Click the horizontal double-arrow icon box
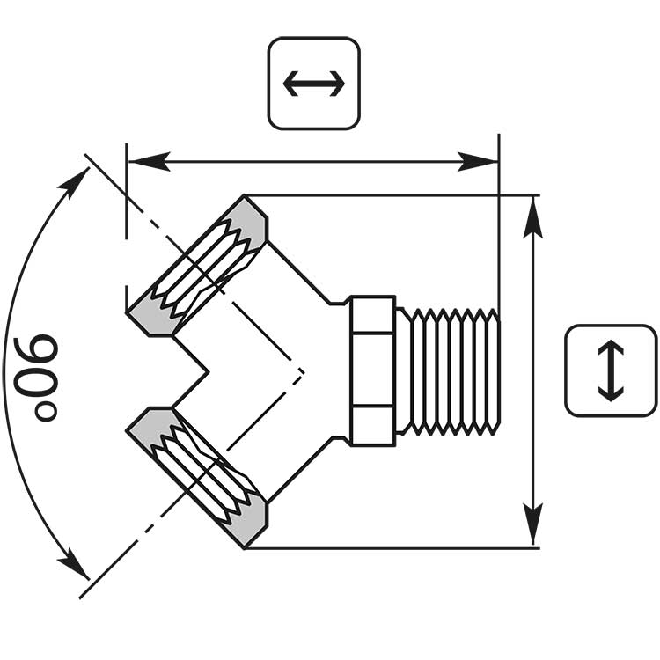pyautogui.click(x=313, y=84)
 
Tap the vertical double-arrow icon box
pyautogui.click(x=611, y=370)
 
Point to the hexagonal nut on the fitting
pyautogui.click(x=371, y=370)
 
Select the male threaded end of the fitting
pyautogui.click(x=449, y=370)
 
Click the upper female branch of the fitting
pyautogui.click(x=207, y=264)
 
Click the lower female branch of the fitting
pyautogui.click(x=207, y=477)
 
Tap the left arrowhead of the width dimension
pyautogui.click(x=146, y=162)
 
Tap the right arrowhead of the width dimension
pyautogui.click(x=481, y=162)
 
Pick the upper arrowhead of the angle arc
pyautogui.click(x=77, y=182)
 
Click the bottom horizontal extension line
pyautogui.click(x=396, y=548)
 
